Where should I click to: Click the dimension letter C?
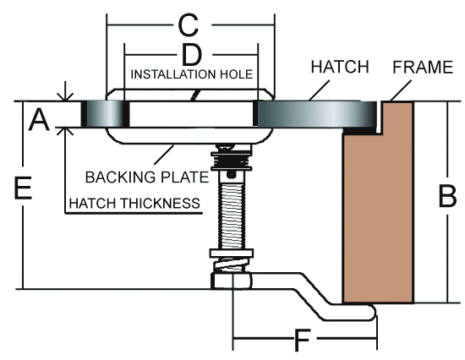tap(189, 25)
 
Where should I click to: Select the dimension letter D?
tap(192, 55)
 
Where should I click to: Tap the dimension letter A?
tap(39, 119)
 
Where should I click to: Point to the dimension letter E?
tap(23, 188)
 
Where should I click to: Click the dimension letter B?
tap(447, 196)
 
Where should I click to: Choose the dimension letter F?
tap(303, 340)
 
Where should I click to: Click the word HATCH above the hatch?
tap(340, 67)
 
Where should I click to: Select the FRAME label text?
tap(423, 67)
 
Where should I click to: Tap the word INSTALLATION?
tap(173, 74)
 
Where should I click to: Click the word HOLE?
tap(237, 74)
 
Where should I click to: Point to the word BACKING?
tap(120, 177)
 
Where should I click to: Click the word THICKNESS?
tap(161, 204)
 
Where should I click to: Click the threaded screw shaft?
tap(232, 216)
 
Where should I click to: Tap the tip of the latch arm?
tap(375, 313)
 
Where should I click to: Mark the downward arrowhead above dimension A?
tap(65, 96)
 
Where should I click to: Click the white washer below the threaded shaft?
tap(232, 254)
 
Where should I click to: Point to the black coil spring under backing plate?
tap(232, 161)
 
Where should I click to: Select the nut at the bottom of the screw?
tap(232, 281)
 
